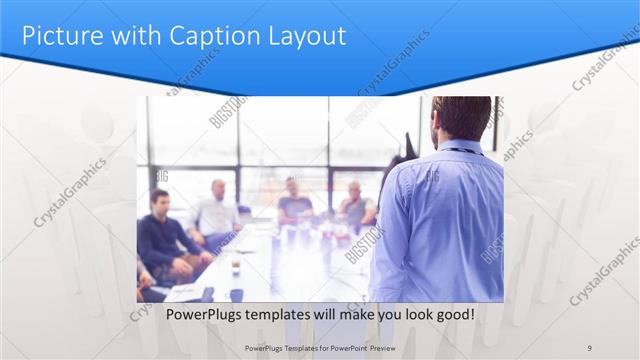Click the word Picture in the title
(59, 36)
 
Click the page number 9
(590, 347)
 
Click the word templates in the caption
(284, 314)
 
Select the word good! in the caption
(453, 314)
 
